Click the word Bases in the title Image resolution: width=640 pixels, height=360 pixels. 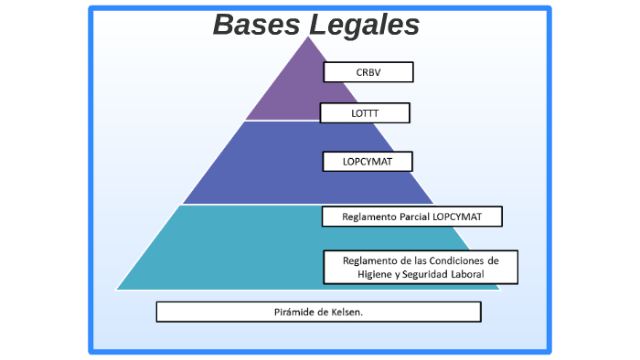pos(256,25)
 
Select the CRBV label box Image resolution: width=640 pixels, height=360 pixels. pos(368,72)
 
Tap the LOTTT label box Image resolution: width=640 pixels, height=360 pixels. pos(365,113)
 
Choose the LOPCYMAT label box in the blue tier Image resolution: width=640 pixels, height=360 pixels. pos(368,162)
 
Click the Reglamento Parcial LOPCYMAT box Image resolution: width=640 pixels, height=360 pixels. pos(411,217)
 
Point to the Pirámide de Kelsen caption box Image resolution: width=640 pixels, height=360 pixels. pos(318,312)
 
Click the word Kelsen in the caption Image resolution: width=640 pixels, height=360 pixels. pos(345,312)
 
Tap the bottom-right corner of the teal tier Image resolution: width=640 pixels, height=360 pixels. pos(499,289)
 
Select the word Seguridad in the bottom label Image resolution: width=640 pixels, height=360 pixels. pos(421,274)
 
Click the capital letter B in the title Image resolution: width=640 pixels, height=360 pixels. pos(223,25)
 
